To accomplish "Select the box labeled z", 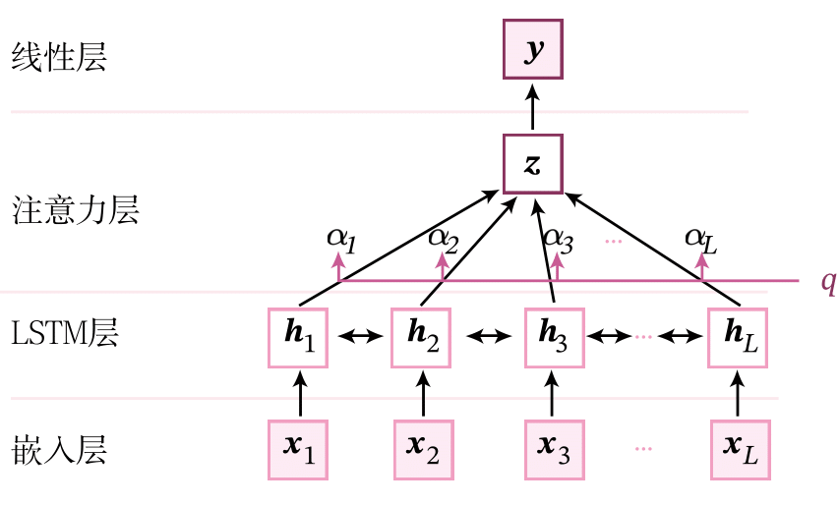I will click(x=533, y=163).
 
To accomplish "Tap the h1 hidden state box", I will click(x=299, y=336).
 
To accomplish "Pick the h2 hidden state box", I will click(x=423, y=336).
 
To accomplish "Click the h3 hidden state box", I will click(x=554, y=336).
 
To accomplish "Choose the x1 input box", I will click(x=299, y=449).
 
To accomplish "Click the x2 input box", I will click(x=423, y=449).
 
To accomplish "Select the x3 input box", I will click(x=554, y=449).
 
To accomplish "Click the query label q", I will click(x=828, y=282).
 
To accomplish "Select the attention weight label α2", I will click(x=444, y=237).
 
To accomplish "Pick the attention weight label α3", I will click(x=558, y=237).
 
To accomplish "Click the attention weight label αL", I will click(x=701, y=237).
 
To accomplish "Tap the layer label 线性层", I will click(x=59, y=57).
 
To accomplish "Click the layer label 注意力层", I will click(x=75, y=209).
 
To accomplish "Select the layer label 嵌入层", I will click(x=59, y=450).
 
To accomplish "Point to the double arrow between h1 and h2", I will click(x=361, y=336).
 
